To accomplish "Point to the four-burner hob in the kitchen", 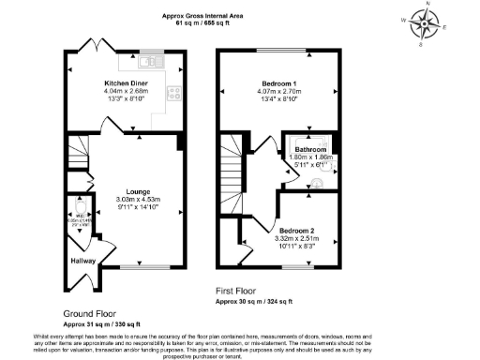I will point(173,93).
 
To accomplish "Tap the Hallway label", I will point(83,262).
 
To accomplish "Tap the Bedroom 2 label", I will point(296,230).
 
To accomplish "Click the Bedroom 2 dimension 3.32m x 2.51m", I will point(296,238).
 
